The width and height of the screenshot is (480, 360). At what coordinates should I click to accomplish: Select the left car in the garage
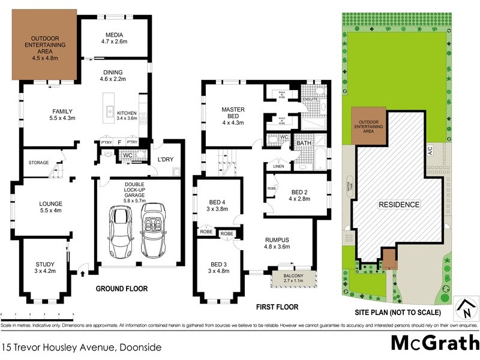pos(118,231)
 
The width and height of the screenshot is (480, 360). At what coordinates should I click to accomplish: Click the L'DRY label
pos(164,159)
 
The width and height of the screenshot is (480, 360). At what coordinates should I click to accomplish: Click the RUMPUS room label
pos(277,242)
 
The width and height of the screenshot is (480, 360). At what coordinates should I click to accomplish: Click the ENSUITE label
pos(310,99)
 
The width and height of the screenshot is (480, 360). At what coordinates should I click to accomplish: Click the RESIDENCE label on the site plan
pos(398,205)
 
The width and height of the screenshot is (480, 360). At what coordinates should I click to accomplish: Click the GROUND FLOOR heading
pos(122,289)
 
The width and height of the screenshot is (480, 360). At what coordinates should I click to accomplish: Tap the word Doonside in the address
pos(142,347)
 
